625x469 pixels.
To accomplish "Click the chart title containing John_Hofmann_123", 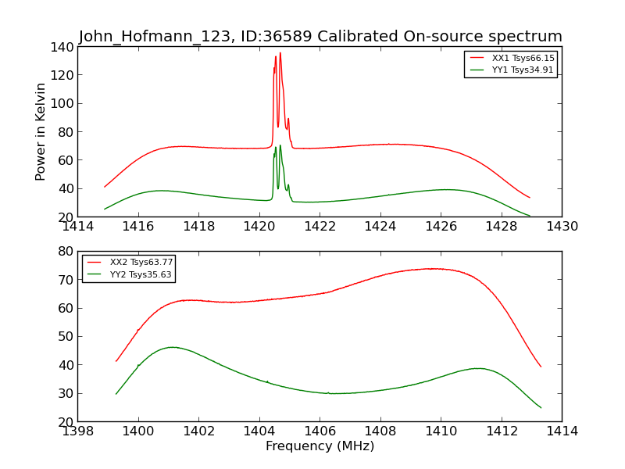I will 320,36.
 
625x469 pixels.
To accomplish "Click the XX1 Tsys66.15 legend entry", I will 523,58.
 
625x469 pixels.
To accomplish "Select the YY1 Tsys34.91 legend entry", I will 523,70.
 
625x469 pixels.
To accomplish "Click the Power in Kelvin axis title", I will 41,131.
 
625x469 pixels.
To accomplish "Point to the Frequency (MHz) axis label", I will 320,446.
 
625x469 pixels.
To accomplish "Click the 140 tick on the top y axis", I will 62,47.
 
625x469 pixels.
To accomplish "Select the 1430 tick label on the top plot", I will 562,227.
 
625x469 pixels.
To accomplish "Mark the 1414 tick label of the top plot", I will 78,227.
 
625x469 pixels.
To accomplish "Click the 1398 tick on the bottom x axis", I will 78,431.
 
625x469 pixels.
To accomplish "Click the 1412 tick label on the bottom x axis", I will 501,431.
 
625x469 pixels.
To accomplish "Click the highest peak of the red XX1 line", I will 280,53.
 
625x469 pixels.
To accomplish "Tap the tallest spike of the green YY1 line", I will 280,145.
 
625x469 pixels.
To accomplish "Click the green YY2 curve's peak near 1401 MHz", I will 173,347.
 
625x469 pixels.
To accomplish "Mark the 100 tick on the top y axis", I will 62,103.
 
